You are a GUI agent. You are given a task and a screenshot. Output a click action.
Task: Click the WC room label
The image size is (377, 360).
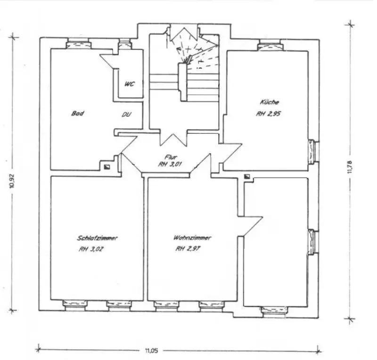(x=129, y=84)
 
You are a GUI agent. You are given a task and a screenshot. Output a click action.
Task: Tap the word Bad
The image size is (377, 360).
(x=77, y=113)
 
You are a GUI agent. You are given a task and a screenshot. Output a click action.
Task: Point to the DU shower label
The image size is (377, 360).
(x=126, y=115)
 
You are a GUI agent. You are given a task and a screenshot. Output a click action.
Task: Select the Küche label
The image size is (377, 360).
(x=269, y=102)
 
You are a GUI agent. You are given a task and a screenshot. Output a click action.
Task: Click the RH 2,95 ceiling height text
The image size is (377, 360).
(x=268, y=114)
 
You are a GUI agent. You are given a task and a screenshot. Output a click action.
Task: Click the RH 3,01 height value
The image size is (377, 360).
(x=170, y=164)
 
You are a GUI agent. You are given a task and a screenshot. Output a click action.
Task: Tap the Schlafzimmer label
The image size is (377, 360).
(x=97, y=238)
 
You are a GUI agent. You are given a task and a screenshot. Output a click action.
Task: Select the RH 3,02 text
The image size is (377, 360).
(x=91, y=249)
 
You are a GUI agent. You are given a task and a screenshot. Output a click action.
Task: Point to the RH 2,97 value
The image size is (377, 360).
(x=188, y=248)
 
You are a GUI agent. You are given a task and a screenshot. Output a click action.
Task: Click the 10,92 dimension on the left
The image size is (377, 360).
(x=12, y=180)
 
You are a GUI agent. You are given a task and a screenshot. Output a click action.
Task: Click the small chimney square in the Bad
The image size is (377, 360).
(x=107, y=167)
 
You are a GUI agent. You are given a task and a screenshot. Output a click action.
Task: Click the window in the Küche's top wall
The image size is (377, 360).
(x=270, y=45)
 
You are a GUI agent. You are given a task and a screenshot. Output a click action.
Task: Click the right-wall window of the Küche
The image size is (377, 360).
(x=313, y=152)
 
